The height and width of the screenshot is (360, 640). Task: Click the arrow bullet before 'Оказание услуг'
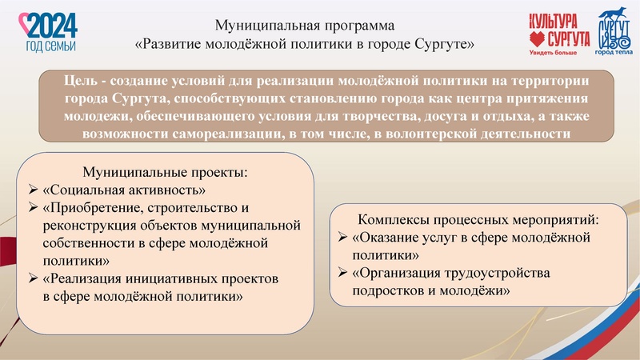[343, 238]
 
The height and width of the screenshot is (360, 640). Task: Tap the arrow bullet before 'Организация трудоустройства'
[343, 274]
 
